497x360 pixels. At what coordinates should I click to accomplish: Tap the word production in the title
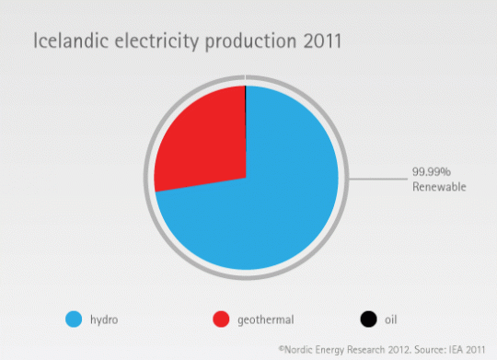click(x=248, y=43)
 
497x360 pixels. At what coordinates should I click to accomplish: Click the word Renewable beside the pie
click(x=439, y=187)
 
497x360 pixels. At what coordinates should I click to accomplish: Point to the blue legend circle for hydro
click(x=74, y=319)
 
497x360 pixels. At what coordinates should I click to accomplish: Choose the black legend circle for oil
click(x=368, y=319)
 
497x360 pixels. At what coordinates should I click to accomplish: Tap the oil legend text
click(x=390, y=320)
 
